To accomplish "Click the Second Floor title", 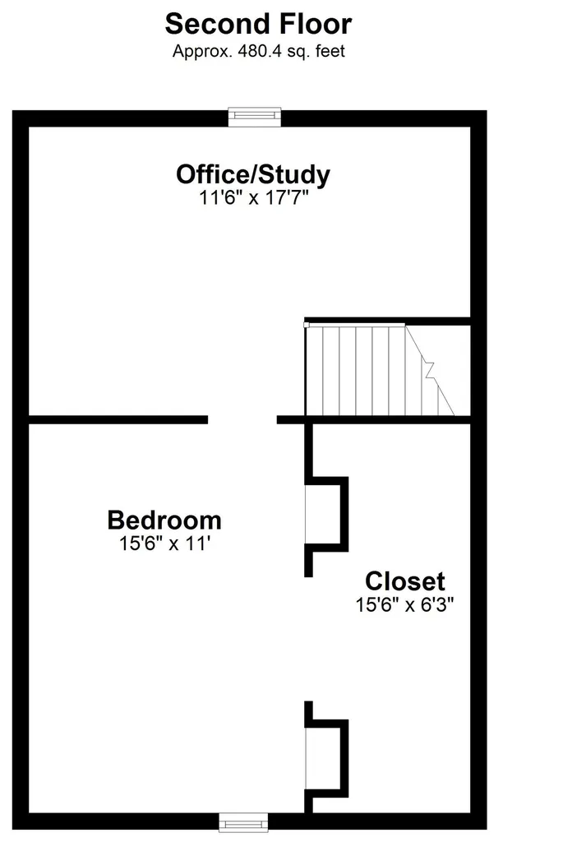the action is (258, 24).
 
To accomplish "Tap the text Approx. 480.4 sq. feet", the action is (258, 52).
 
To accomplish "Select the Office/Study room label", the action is (253, 174).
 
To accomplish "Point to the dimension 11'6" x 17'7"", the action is (254, 197).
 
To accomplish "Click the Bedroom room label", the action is (164, 520).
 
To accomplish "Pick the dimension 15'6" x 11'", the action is (164, 543).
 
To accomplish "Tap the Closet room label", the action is (404, 581).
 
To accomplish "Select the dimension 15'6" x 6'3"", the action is (404, 604).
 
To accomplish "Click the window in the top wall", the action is (255, 117).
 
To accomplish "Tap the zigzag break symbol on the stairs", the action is (429, 370).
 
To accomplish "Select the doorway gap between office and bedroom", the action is (242, 420).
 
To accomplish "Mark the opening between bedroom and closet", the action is (308, 639).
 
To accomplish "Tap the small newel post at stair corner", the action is (307, 325).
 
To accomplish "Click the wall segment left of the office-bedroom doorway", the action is (118, 420).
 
